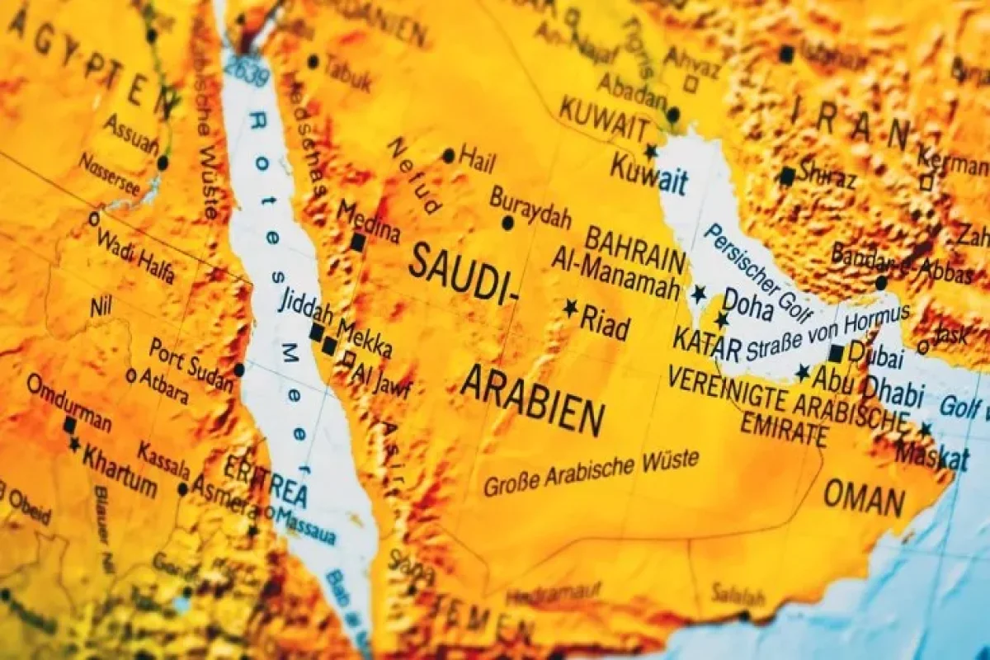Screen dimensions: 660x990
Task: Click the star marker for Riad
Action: pos(570,308)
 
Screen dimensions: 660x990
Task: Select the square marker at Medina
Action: pos(357,243)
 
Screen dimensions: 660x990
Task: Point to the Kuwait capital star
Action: pos(651,151)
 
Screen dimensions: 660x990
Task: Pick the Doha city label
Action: pos(747,306)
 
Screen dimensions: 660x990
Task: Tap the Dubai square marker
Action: pos(836,353)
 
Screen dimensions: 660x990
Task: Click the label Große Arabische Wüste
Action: pos(591,474)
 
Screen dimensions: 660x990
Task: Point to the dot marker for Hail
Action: pos(448,155)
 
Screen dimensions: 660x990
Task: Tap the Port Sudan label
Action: pos(191,361)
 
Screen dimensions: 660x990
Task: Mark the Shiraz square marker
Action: pos(787,176)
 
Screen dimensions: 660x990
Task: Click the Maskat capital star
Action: pos(926,429)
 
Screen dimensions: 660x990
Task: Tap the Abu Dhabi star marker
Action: pos(802,373)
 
